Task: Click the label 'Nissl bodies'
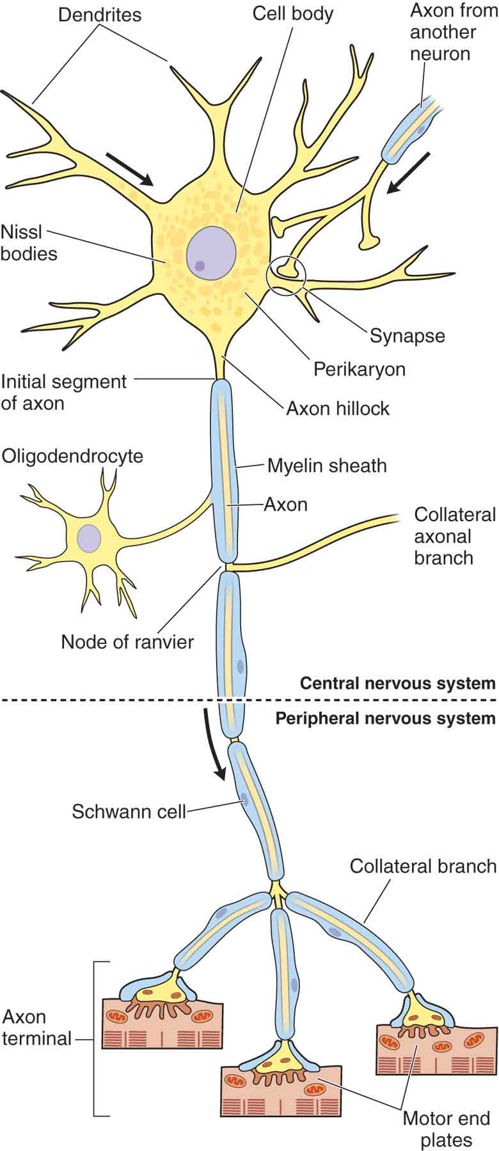[29, 242]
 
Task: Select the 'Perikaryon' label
[359, 369]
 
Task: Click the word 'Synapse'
[407, 335]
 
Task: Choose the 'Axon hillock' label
[337, 408]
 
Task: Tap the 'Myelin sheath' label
[327, 465]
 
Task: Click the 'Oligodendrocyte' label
[72, 456]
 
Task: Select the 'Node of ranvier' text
[127, 641]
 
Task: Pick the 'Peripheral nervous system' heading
[385, 718]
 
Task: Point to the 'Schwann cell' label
[129, 811]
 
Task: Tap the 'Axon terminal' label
[36, 1028]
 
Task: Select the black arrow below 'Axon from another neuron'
[409, 172]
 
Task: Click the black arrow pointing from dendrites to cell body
[130, 169]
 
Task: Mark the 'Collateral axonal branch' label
[455, 536]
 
